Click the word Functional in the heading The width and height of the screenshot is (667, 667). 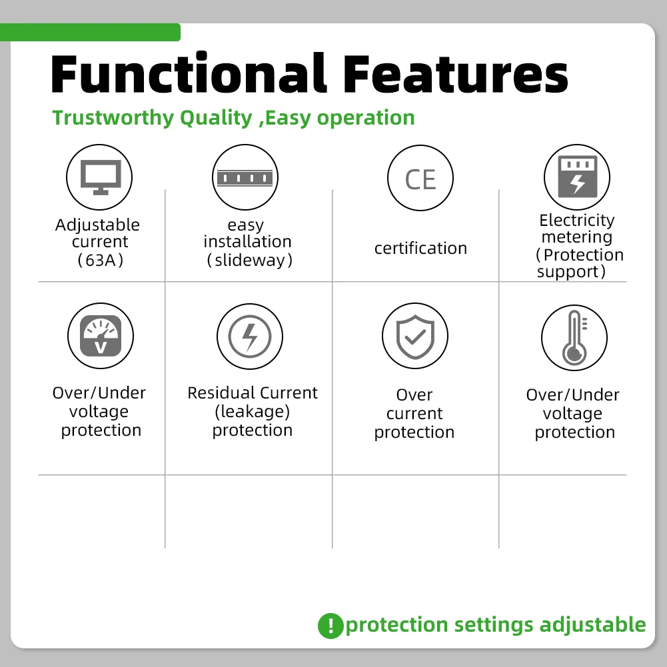click(x=189, y=73)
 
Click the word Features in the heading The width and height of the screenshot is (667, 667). click(x=455, y=73)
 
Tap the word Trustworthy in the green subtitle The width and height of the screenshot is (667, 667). click(x=113, y=118)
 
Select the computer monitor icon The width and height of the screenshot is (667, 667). click(x=101, y=177)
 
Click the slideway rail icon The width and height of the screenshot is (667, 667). click(x=245, y=178)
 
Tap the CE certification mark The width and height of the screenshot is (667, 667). click(x=420, y=179)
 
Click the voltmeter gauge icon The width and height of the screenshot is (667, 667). click(x=101, y=336)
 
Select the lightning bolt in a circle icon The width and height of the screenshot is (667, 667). click(x=250, y=336)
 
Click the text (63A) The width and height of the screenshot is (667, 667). click(x=101, y=260)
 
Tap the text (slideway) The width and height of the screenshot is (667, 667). click(x=250, y=260)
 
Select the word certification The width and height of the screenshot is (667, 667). click(x=420, y=248)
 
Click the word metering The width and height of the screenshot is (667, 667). click(x=577, y=237)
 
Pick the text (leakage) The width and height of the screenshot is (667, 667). click(x=253, y=411)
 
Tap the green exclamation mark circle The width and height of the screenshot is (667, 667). click(x=331, y=626)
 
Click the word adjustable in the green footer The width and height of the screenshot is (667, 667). click(x=592, y=625)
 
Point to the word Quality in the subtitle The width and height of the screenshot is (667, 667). click(x=216, y=118)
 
